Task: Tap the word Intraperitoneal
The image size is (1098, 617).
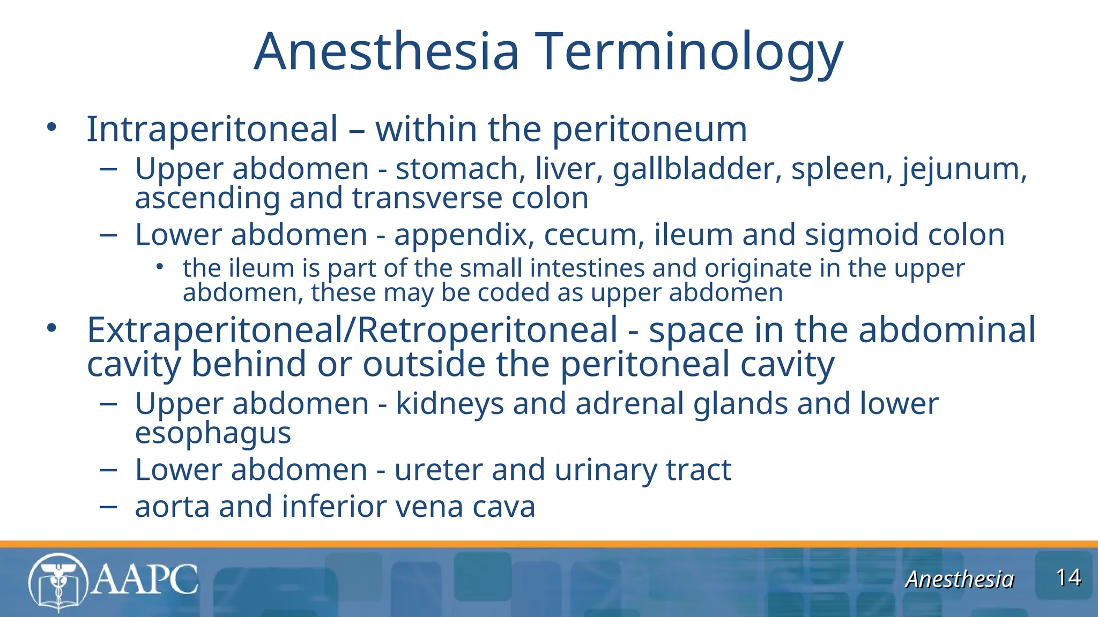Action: [212, 129]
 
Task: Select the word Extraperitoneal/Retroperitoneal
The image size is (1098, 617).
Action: [352, 330]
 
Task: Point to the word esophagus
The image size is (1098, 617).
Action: [213, 433]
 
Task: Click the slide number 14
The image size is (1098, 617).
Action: [1068, 578]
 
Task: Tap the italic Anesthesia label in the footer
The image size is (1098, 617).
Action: [959, 579]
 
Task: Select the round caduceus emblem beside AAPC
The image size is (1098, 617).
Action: [58, 582]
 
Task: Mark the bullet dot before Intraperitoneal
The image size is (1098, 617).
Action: [51, 127]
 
